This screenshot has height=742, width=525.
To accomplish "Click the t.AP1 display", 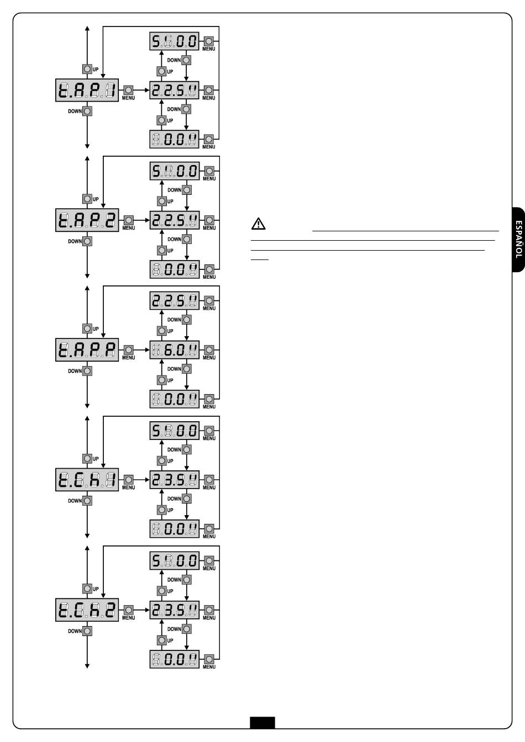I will [87, 90].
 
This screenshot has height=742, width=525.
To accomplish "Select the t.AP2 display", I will [87, 220].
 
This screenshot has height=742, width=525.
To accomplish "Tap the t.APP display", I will [87, 350].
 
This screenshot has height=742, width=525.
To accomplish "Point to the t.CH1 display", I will [87, 480].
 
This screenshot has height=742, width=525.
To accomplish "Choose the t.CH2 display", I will [87, 610].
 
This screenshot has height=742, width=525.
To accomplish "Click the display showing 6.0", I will [175, 350].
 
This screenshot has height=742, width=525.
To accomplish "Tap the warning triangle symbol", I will [259, 224].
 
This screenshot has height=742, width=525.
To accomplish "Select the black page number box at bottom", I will [262, 722].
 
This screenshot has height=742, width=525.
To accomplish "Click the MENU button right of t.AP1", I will [128, 90].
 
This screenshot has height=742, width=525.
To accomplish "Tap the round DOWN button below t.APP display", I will [87, 371].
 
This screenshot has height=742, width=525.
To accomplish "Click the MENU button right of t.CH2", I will [128, 610].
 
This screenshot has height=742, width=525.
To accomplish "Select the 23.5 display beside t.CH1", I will [175, 480].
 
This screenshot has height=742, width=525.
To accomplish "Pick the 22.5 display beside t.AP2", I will [175, 220].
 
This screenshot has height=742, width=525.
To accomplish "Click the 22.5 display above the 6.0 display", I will [175, 301].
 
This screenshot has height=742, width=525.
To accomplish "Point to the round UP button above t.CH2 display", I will [87, 589].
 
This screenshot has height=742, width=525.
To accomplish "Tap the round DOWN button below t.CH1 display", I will [87, 501].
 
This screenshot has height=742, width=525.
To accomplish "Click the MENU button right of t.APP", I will [128, 350].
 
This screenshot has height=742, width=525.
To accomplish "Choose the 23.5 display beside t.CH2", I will [175, 610].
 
